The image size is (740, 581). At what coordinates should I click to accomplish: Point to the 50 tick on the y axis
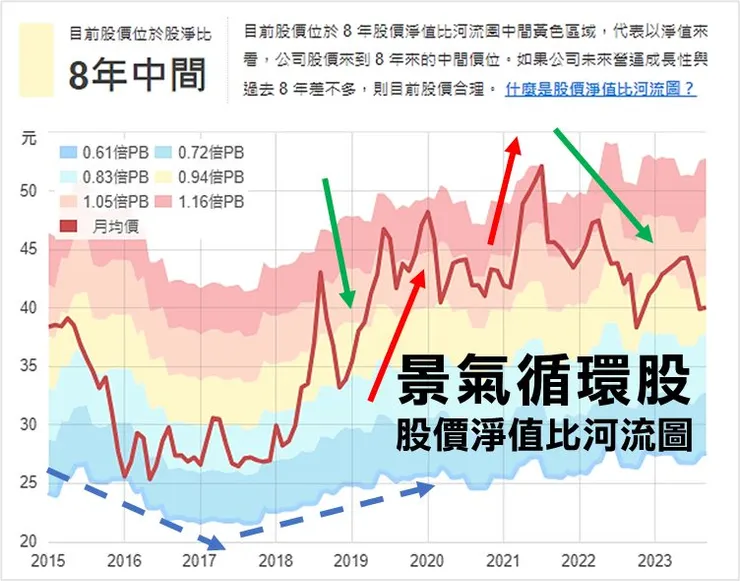click(x=28, y=191)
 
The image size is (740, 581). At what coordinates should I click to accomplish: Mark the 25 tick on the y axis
click(x=28, y=483)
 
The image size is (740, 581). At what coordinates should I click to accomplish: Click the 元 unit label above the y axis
click(x=29, y=139)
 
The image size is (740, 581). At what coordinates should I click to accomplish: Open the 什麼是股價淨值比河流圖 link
click(x=601, y=89)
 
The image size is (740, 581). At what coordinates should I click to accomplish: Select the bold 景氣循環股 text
click(x=545, y=382)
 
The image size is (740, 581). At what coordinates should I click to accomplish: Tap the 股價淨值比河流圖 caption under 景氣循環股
click(x=545, y=435)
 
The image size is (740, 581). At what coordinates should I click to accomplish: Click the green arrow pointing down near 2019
click(x=337, y=241)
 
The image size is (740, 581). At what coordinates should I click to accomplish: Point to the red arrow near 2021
click(x=504, y=189)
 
